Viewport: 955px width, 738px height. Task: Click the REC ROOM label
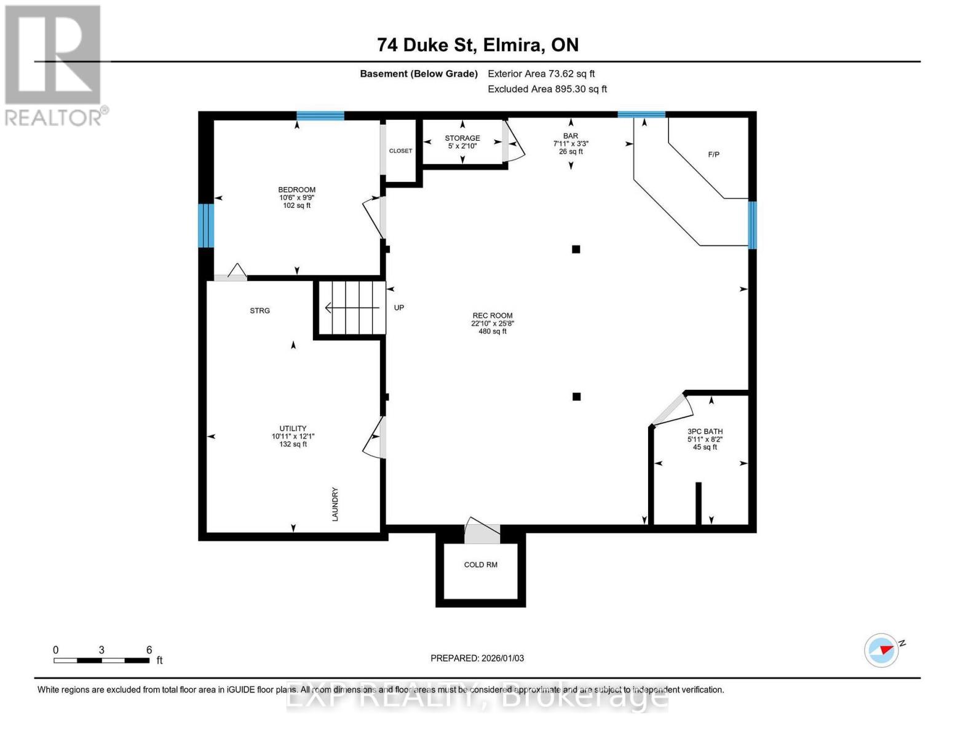click(x=492, y=315)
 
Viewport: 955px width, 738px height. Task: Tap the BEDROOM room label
click(x=296, y=189)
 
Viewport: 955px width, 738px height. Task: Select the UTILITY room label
click(x=293, y=429)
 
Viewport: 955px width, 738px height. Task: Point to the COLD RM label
click(x=480, y=565)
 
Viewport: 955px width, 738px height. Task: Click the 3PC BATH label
click(x=705, y=432)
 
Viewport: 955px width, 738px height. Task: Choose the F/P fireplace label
click(x=713, y=154)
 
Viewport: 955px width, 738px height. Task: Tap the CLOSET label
click(x=400, y=151)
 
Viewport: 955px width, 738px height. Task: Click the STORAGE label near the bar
click(x=462, y=138)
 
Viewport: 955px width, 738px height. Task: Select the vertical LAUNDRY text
click(x=335, y=504)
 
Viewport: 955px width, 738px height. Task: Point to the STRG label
click(x=260, y=311)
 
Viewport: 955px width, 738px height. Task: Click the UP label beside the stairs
click(x=399, y=307)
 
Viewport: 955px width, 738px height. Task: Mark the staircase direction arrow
click(x=351, y=307)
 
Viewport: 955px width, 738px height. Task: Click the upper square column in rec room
click(x=576, y=249)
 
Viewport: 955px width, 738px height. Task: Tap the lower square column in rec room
click(x=576, y=397)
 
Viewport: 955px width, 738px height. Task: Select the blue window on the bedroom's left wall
click(x=205, y=225)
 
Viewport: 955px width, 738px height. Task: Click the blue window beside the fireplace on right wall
click(x=751, y=225)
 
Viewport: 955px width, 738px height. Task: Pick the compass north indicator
click(x=882, y=650)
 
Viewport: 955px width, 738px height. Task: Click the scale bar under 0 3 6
click(x=101, y=661)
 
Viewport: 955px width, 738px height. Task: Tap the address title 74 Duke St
click(x=478, y=45)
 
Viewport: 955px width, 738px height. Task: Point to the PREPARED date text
click(x=477, y=658)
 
